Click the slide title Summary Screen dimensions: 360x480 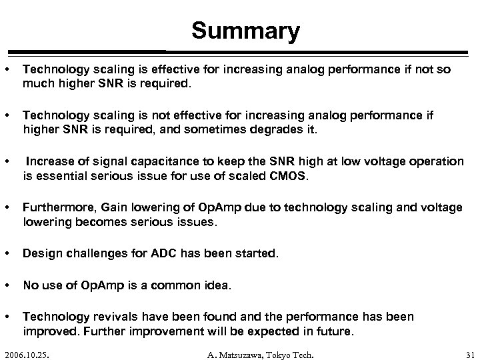pos(245,31)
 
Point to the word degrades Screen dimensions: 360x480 pos(241,129)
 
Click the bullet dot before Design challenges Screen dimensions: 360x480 pos(6,254)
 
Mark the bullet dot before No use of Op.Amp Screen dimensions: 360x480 pos(6,285)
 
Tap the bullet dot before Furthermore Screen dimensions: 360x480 pos(6,208)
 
